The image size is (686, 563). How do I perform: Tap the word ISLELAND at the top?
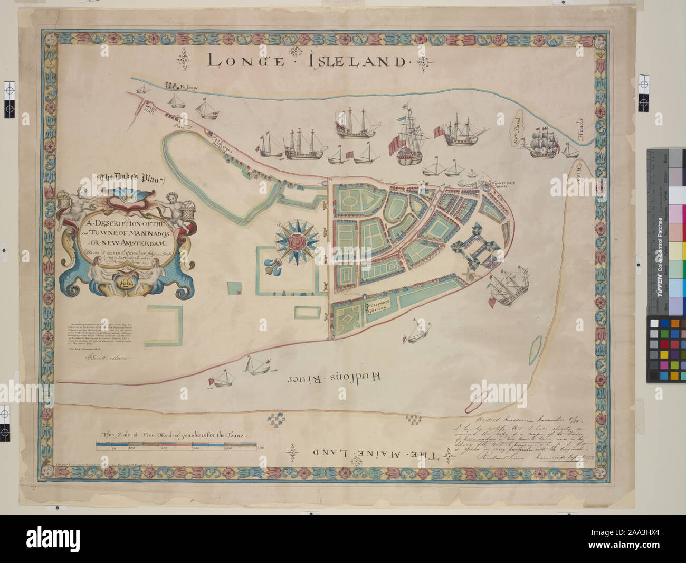[x=359, y=61]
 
